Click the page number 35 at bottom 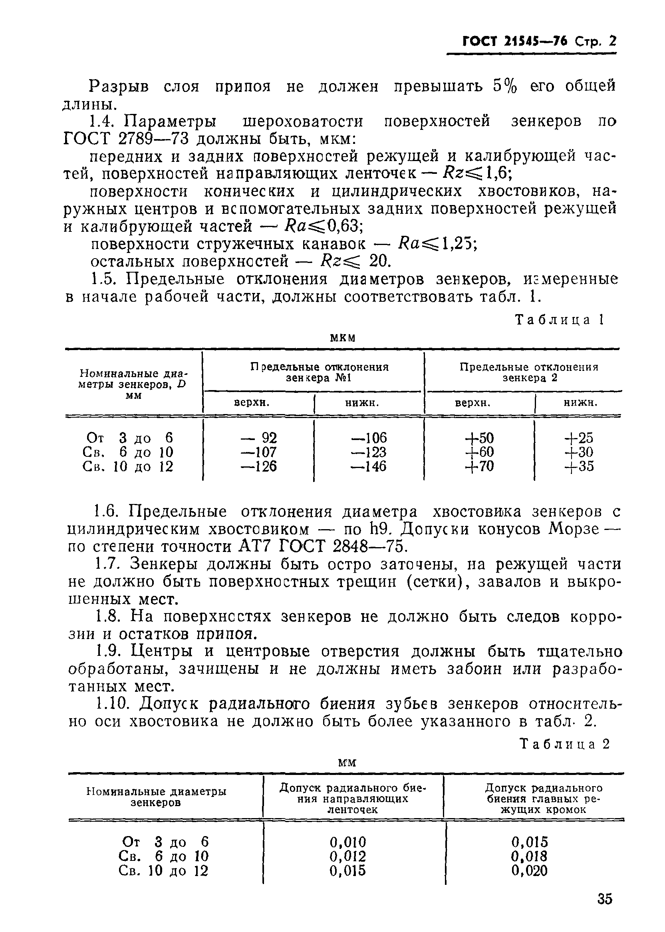pos(604,899)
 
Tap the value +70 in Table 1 pos(479,466)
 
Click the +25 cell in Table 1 pos(579,438)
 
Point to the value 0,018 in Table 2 pos(529,856)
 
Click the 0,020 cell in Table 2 pos(529,870)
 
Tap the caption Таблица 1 pos(559,320)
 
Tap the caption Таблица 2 pos(564,743)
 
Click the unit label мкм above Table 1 pos(342,338)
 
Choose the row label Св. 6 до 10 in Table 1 pos(128,452)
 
